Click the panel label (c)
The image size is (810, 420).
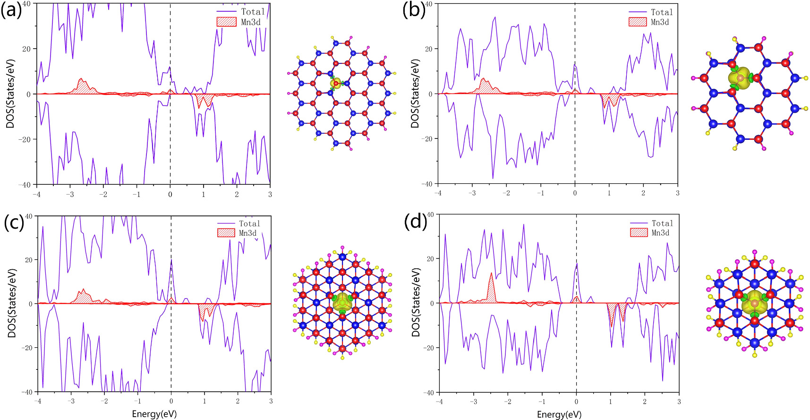point(14,222)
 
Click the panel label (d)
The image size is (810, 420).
point(416,221)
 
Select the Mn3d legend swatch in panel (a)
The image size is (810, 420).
point(226,22)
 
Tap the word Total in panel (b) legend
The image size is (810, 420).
point(662,12)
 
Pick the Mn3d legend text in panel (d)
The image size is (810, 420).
point(660,233)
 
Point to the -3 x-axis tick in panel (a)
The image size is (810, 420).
point(70,194)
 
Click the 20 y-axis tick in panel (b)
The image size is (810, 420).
point(428,49)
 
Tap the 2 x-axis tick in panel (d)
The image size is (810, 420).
point(645,402)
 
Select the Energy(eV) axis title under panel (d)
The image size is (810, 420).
point(559,414)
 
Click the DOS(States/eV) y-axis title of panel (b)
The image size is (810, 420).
point(415,94)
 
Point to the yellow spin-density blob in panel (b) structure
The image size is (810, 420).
point(740,78)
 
